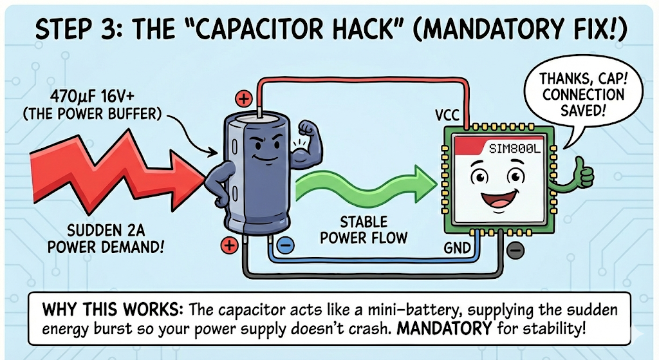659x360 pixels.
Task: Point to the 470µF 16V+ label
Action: pyautogui.click(x=93, y=97)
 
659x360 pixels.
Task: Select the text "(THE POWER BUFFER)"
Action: pyautogui.click(x=92, y=113)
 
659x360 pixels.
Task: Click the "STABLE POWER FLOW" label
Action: pyautogui.click(x=364, y=230)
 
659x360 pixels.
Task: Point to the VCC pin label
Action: pyautogui.click(x=447, y=115)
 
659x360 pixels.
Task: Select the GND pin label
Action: pyautogui.click(x=458, y=248)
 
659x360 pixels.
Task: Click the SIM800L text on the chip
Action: pyautogui.click(x=514, y=149)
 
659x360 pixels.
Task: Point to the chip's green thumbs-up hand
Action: pyautogui.click(x=582, y=173)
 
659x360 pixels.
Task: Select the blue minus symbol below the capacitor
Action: pyautogui.click(x=286, y=245)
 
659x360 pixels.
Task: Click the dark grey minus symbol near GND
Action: pyautogui.click(x=515, y=251)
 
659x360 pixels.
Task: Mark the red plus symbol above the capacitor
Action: pyautogui.click(x=244, y=99)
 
